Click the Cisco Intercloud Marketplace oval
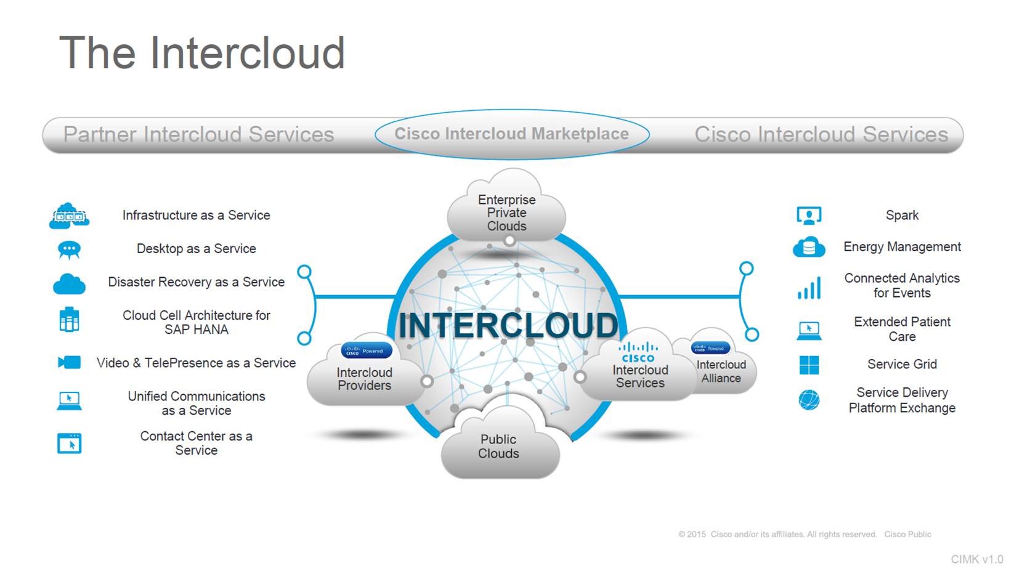tap(511, 134)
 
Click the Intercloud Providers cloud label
tap(364, 379)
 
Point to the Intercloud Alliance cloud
tap(721, 371)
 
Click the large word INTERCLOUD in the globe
tap(508, 325)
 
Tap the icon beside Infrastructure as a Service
tap(69, 216)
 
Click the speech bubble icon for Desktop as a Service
tap(69, 249)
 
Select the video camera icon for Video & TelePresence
tap(69, 362)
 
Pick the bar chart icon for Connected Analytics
tap(809, 288)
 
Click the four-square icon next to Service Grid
tap(809, 365)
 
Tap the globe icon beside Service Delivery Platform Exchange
tap(809, 400)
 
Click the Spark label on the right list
tap(902, 215)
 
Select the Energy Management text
tap(902, 246)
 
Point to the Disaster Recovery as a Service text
tap(196, 281)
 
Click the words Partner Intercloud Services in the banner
tap(198, 134)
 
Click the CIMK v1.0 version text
tap(976, 559)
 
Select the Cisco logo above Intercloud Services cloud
tap(638, 353)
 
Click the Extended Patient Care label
tap(902, 329)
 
